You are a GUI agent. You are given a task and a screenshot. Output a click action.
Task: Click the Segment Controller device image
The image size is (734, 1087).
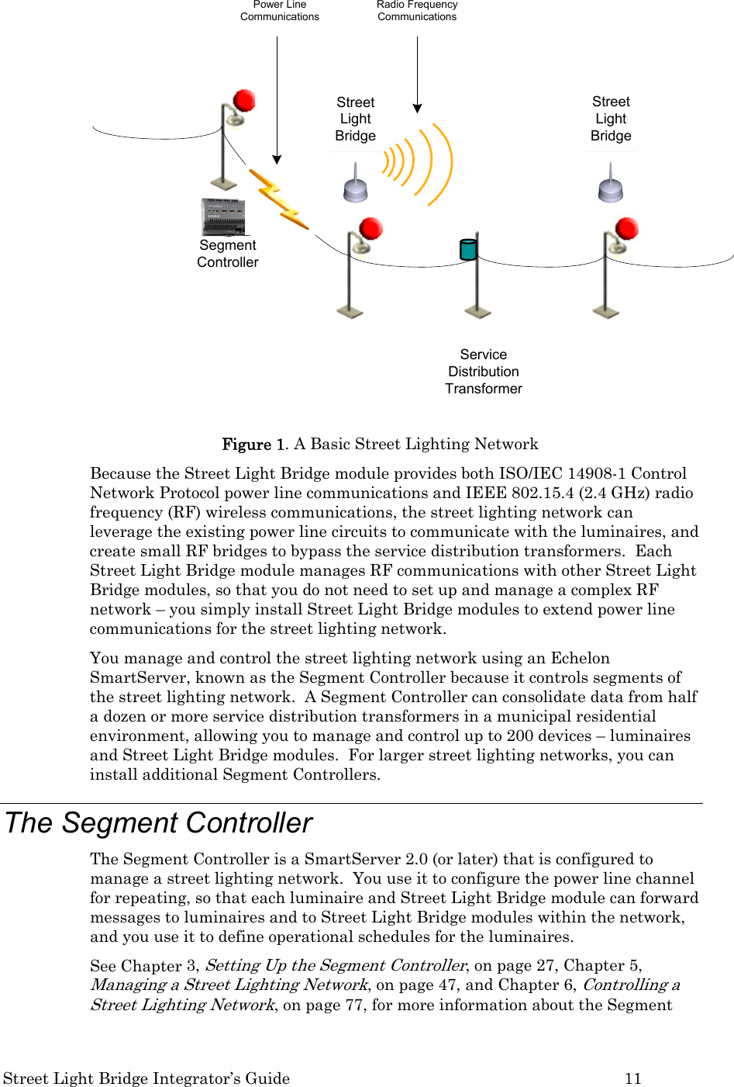pos(223,216)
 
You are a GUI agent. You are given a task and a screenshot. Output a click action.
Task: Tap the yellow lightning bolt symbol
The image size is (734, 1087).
pos(278,199)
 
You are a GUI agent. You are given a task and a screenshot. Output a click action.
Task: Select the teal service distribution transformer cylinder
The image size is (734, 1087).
pos(468,249)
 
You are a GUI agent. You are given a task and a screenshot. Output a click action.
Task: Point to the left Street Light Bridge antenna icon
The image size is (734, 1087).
pos(356,186)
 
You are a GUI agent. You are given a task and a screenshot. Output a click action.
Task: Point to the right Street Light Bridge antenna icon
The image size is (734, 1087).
pos(611,186)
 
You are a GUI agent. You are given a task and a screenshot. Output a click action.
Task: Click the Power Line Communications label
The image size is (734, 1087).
pos(280,11)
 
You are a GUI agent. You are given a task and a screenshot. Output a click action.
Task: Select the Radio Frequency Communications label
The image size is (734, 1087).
pos(417,11)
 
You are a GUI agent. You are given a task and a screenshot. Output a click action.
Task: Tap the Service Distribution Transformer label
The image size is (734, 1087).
pos(484,372)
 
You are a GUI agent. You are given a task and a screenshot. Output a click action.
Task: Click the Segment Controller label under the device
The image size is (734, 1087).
pos(228,254)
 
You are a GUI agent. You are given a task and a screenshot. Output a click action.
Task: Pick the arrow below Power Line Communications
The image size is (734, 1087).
pos(277,101)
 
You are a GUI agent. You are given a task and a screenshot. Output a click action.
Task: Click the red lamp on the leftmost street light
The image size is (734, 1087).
pos(244,101)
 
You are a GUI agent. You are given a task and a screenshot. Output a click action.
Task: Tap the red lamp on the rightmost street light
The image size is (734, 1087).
pos(626,229)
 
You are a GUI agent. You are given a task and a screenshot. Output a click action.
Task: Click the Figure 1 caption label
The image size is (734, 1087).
pos(254,445)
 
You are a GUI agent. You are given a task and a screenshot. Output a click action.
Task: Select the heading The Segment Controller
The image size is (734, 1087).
pos(159,823)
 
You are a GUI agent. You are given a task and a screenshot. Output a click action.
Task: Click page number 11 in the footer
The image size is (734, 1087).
pos(633,1078)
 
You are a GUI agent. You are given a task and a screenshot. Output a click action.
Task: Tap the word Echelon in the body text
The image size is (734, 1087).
pos(581,658)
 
